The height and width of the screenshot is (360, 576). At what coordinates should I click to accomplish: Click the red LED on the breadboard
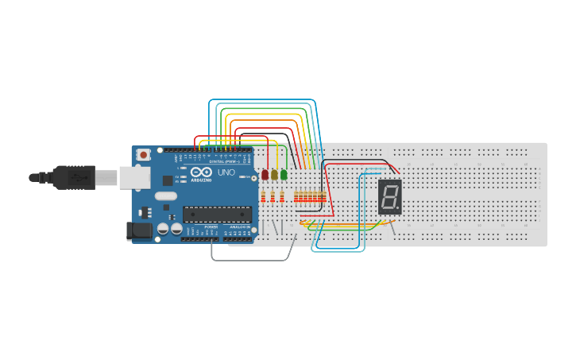click(x=265, y=175)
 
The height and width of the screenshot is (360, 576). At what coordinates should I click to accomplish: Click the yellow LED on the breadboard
click(x=274, y=175)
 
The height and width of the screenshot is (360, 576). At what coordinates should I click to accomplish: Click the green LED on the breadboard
click(x=284, y=175)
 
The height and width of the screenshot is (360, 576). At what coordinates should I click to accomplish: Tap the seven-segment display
click(x=390, y=196)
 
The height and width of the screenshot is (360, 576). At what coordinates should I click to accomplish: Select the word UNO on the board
click(x=226, y=172)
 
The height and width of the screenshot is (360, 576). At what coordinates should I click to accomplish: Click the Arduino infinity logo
click(x=201, y=172)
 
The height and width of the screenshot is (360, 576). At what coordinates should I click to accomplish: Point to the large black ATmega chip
click(x=217, y=215)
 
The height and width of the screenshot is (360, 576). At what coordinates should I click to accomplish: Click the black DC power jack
click(x=140, y=231)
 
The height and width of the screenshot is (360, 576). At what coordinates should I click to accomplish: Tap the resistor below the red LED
click(x=263, y=196)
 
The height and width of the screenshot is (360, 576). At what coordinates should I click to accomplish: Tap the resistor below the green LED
click(x=282, y=196)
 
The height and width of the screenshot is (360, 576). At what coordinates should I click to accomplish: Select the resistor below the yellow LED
click(x=273, y=196)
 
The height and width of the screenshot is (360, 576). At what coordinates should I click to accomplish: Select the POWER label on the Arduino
click(x=211, y=226)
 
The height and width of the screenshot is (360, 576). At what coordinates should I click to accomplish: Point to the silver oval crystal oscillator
click(x=165, y=196)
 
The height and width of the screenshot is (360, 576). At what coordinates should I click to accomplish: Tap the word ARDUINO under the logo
click(x=201, y=180)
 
